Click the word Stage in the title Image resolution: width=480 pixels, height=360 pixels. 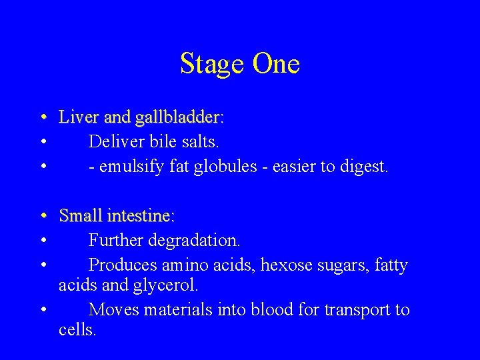coord(213,65)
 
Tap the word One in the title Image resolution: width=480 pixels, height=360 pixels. coord(276,64)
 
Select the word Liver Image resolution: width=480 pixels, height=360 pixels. coord(78,118)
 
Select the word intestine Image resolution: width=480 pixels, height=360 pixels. coord(142,216)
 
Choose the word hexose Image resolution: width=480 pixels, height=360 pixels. coord(285,265)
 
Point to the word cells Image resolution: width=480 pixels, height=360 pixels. coord(77,329)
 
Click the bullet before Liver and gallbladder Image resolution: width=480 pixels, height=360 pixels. coord(43,119)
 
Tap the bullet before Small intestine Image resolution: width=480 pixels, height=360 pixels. coord(43,216)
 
